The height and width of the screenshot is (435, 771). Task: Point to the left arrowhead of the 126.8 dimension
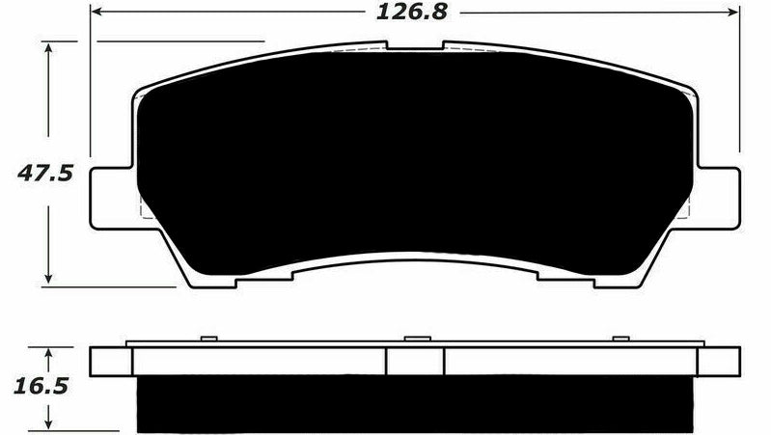97,14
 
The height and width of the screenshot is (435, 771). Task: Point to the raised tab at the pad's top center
414,46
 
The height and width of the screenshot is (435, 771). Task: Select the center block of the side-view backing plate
414,361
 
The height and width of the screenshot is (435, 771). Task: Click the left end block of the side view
110,361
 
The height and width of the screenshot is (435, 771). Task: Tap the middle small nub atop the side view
416,339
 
